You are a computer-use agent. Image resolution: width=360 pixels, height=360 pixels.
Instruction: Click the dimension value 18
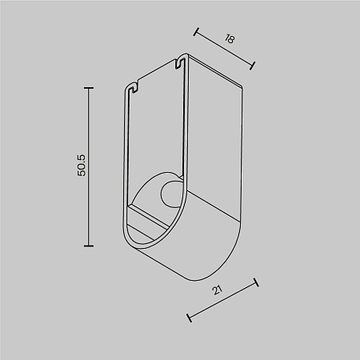click(230, 38)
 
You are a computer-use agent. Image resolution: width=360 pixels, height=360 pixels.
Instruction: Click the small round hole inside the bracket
click(170, 194)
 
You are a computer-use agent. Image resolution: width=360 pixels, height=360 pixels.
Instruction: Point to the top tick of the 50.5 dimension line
click(88, 86)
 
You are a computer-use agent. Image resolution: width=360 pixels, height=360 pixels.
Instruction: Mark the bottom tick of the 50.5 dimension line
click(88, 246)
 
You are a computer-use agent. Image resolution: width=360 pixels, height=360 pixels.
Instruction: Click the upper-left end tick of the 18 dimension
click(196, 33)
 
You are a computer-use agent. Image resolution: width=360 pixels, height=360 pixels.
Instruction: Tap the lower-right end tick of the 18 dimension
click(254, 66)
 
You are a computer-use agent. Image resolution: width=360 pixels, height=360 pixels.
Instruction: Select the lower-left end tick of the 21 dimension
click(188, 318)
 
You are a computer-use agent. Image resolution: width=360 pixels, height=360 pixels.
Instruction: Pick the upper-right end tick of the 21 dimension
click(255, 282)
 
